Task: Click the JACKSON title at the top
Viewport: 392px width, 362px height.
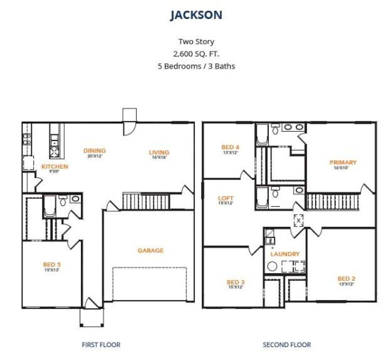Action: click(x=196, y=15)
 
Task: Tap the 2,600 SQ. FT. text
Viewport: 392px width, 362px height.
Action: click(x=196, y=54)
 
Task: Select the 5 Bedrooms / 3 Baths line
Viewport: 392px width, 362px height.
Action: click(x=196, y=66)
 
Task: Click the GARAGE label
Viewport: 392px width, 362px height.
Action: click(x=150, y=251)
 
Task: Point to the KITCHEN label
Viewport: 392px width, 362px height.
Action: click(x=55, y=167)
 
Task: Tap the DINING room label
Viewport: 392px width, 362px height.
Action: click(x=94, y=151)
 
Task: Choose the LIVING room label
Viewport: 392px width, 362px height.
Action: click(x=159, y=152)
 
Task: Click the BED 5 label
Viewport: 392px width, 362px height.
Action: click(x=51, y=265)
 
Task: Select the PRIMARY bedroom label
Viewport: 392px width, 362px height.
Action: click(x=343, y=162)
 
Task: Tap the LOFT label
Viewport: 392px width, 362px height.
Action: click(x=226, y=198)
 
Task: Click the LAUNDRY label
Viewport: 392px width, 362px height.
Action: click(x=285, y=254)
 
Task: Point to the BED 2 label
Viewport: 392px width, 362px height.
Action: click(x=346, y=279)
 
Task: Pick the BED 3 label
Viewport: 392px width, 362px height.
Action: click(x=236, y=282)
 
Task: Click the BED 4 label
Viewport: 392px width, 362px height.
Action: click(x=230, y=147)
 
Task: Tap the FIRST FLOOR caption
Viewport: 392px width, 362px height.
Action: click(x=101, y=345)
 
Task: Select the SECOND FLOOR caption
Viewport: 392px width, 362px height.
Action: click(x=287, y=345)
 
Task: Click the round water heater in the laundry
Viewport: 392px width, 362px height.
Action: click(x=272, y=266)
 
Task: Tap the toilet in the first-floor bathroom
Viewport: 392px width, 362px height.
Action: click(x=63, y=201)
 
